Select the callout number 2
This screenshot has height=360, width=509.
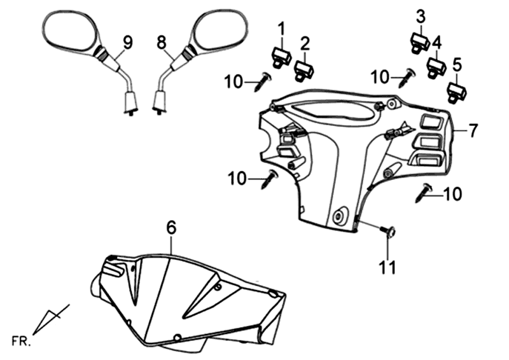(x=305, y=43)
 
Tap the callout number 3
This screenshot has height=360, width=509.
(x=421, y=15)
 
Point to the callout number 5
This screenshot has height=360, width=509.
(x=456, y=65)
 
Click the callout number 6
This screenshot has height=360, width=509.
(x=171, y=227)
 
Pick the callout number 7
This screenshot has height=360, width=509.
(x=473, y=131)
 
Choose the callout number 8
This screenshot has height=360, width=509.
(x=162, y=43)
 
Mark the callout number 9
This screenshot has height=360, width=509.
(x=128, y=43)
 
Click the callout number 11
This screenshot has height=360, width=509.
(x=387, y=268)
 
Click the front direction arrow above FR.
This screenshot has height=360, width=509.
(x=50, y=318)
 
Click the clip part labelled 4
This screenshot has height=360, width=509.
(x=436, y=66)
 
